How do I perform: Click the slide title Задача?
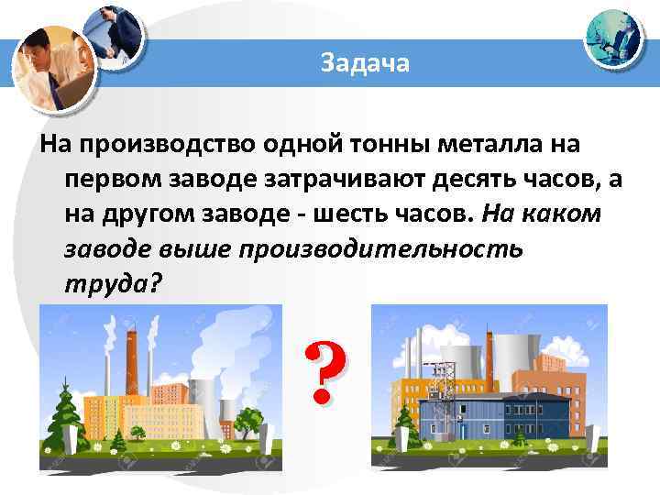click(x=366, y=63)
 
